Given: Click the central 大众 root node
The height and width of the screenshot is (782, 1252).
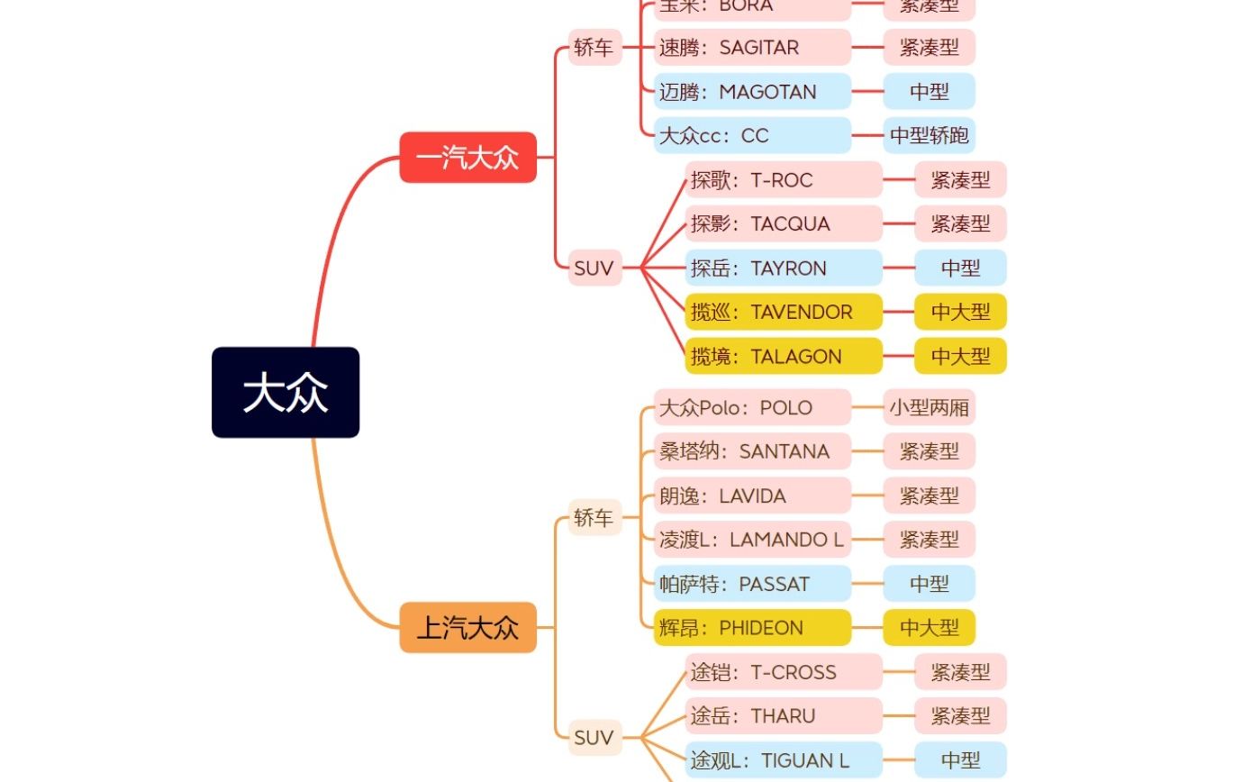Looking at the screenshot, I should click(x=286, y=393).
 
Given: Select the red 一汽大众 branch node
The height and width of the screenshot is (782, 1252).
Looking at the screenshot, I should click(x=467, y=158).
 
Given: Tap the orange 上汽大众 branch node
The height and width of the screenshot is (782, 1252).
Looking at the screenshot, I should click(x=467, y=627).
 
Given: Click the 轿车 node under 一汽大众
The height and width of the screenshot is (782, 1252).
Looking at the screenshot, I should click(x=594, y=48).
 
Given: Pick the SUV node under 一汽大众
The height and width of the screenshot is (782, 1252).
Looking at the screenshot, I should click(x=594, y=268).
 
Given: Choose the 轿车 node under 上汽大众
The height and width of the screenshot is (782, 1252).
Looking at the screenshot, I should click(x=594, y=517).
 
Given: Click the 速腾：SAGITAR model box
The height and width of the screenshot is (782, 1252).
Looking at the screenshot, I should click(x=752, y=48).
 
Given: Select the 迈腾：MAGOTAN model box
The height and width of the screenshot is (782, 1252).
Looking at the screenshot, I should click(x=752, y=92).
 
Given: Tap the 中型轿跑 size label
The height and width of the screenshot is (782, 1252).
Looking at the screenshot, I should click(x=929, y=136).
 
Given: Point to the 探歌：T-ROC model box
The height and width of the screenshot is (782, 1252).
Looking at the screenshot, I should click(x=784, y=180).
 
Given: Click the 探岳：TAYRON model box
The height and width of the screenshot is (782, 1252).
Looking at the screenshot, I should click(x=784, y=268).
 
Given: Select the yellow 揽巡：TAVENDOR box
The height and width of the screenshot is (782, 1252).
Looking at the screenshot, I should click(x=784, y=312).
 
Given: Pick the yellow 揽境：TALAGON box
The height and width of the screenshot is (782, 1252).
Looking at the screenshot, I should click(x=784, y=356).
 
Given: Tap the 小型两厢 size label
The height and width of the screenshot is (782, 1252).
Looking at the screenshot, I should click(x=929, y=407).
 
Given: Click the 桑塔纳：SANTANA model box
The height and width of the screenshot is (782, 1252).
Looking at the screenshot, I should click(x=752, y=451).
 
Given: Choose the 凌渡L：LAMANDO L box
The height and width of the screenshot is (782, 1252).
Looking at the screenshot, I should click(x=752, y=540).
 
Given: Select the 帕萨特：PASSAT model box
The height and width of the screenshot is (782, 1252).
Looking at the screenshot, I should click(x=752, y=584).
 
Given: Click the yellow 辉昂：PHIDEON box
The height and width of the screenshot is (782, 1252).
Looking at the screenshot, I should click(x=752, y=628).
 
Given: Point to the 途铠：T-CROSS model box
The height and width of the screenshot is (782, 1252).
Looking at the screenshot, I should click(x=784, y=672).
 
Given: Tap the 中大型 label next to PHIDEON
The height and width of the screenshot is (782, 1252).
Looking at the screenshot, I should click(x=929, y=628).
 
